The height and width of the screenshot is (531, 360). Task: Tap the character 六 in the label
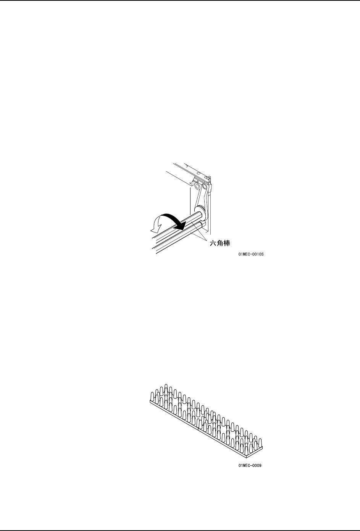pyautogui.click(x=212, y=243)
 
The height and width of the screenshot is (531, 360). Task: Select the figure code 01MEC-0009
pyautogui.click(x=250, y=466)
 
